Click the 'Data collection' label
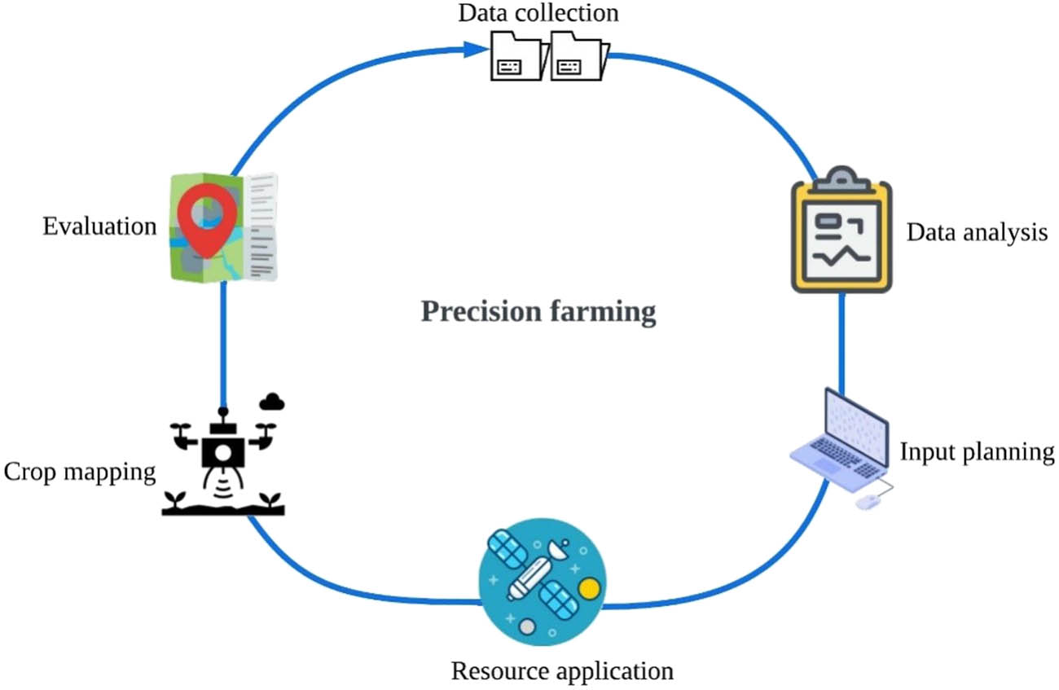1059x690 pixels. (538, 13)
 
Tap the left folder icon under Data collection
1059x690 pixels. (515, 57)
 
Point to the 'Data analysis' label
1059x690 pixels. (977, 233)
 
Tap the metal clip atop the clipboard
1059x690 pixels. (841, 178)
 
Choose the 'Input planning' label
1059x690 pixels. (977, 451)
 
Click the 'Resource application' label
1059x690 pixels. (562, 671)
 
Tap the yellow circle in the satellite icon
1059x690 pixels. (588, 587)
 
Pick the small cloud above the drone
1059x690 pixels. (272, 401)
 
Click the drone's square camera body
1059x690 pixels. (222, 450)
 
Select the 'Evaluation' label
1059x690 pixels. (99, 226)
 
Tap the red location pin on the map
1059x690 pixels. (206, 213)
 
